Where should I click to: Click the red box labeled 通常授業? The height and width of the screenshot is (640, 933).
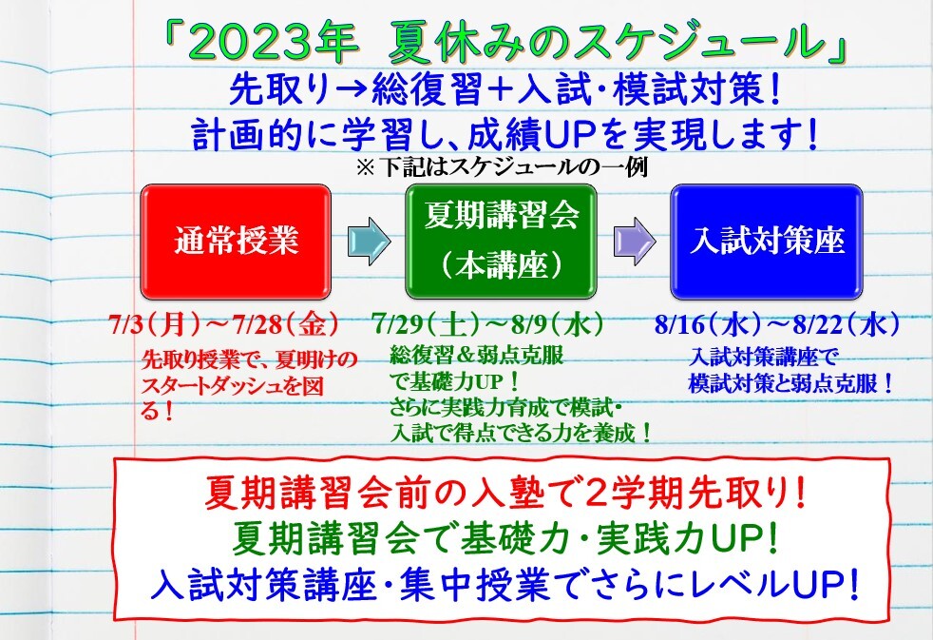click(236, 242)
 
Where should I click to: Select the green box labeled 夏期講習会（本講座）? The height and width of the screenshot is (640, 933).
click(501, 242)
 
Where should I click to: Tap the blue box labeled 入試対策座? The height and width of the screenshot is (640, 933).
click(767, 242)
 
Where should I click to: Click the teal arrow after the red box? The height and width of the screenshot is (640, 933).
click(369, 242)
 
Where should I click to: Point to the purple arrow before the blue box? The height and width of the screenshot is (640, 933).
click(635, 242)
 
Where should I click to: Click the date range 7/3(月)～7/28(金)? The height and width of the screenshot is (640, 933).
click(224, 325)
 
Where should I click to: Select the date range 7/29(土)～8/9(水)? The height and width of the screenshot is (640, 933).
click(488, 325)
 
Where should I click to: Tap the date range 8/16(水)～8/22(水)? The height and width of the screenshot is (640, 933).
click(777, 325)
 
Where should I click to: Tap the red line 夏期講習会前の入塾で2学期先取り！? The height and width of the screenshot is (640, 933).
click(505, 494)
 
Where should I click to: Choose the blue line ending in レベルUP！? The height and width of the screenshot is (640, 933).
click(505, 585)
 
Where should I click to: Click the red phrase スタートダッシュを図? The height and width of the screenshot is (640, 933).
click(232, 386)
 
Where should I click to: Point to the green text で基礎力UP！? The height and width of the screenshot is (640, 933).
click(455, 381)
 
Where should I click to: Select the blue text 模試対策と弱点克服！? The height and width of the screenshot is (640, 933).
click(791, 383)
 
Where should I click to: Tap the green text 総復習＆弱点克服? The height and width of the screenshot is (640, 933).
click(477, 356)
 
